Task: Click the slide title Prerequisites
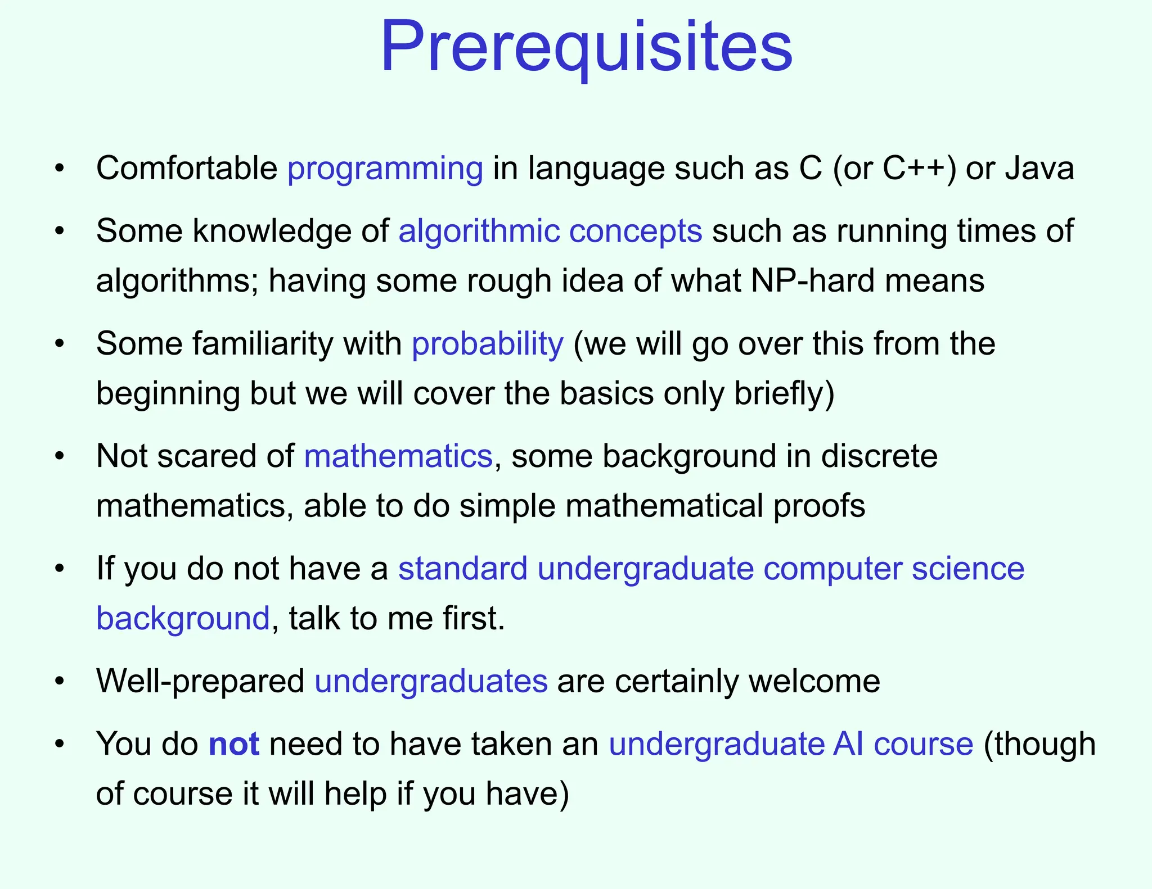point(586,47)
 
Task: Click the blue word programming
point(385,169)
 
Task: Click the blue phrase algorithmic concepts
point(550,231)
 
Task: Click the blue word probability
point(487,343)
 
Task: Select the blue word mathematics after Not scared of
point(398,456)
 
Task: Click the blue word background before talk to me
point(183,618)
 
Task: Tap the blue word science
point(967,569)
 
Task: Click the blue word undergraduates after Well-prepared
point(431,681)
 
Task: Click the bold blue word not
point(233,744)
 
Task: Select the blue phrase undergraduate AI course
point(791,744)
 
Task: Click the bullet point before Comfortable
point(60,169)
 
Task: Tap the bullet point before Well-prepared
point(60,682)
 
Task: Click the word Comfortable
point(186,169)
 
